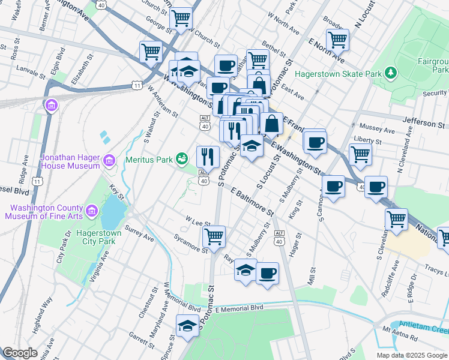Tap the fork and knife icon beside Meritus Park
[208, 157]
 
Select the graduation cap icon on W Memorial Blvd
[187, 326]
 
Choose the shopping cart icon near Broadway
[337, 39]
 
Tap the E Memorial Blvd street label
[239, 308]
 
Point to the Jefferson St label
[426, 122]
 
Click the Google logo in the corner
[20, 353]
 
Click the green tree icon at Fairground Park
[391, 73]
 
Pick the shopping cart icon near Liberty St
[360, 154]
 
